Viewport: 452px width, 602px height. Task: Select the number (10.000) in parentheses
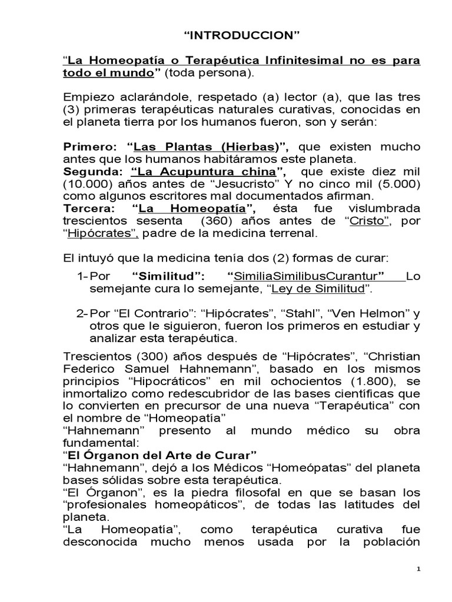click(x=85, y=183)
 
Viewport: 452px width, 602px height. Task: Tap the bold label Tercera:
click(x=88, y=209)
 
